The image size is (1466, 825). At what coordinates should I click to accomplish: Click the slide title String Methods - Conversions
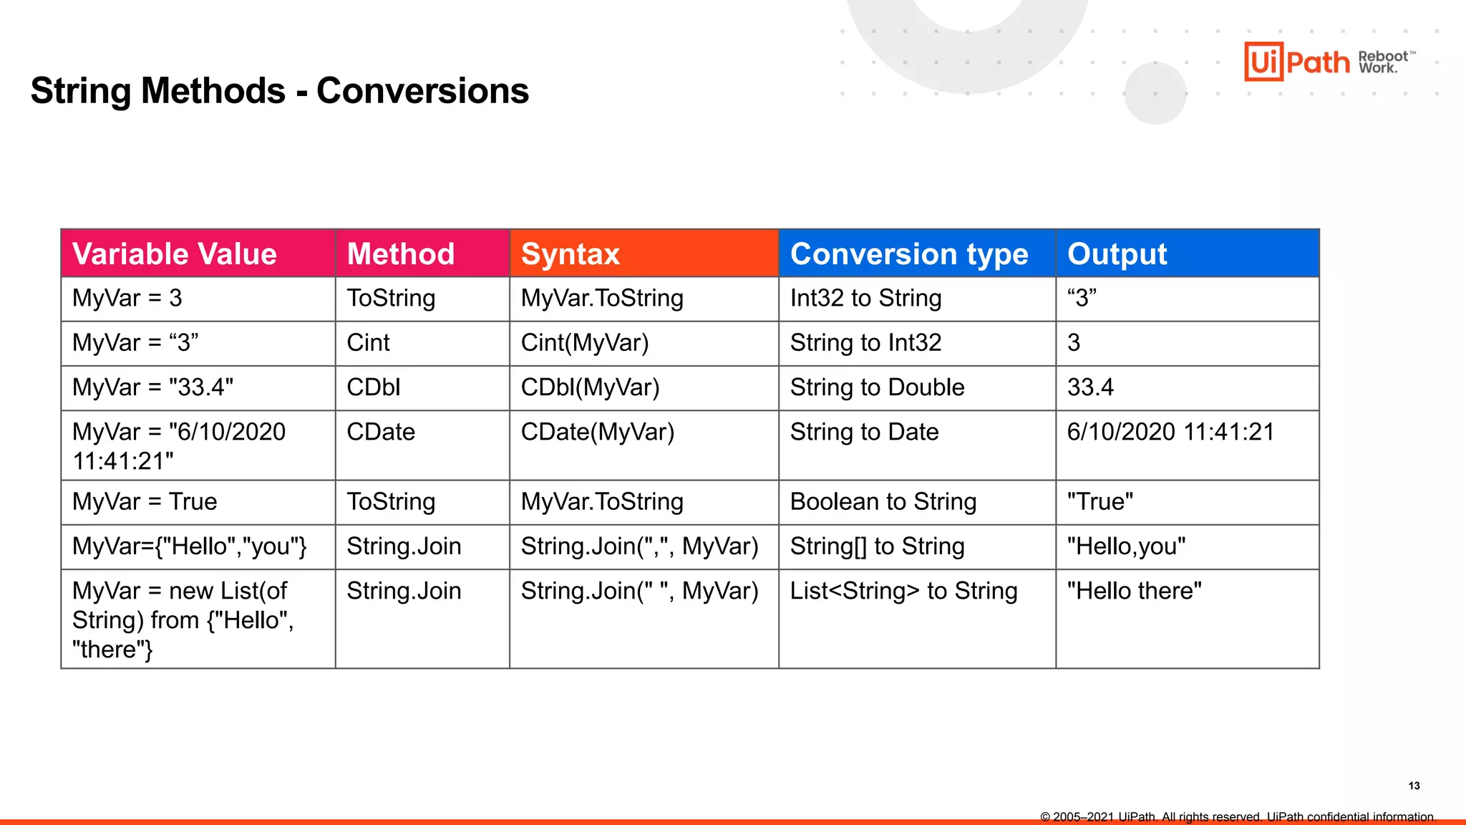(x=279, y=91)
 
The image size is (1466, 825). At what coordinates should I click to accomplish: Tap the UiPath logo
(x=1296, y=62)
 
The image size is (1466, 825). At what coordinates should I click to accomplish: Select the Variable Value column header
(x=175, y=254)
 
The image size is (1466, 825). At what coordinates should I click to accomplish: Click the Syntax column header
(x=571, y=254)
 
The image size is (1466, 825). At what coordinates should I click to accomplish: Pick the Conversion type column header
(x=908, y=254)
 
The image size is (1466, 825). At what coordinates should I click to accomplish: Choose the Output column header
(x=1117, y=254)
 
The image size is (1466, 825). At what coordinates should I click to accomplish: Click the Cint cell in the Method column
(x=368, y=343)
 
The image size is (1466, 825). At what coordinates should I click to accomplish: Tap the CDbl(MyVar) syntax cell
(x=590, y=387)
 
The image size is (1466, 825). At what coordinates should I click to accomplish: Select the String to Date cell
(x=864, y=432)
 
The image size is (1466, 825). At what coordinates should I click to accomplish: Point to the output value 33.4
(x=1090, y=387)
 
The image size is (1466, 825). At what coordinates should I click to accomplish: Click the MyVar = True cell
(x=145, y=501)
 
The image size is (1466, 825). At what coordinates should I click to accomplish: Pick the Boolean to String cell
(x=883, y=501)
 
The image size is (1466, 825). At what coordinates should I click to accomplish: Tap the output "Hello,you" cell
(x=1125, y=546)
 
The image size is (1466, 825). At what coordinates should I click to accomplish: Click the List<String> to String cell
(x=903, y=591)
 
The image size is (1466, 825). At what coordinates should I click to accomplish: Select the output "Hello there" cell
(x=1134, y=591)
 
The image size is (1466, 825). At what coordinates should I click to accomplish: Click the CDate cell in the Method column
(x=381, y=432)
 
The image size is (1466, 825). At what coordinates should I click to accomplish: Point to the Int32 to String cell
(x=865, y=298)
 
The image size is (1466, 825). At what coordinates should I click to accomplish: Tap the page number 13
(x=1414, y=786)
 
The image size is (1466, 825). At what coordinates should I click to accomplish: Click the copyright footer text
(x=1238, y=816)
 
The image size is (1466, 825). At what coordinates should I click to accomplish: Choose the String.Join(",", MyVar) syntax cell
(x=639, y=546)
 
